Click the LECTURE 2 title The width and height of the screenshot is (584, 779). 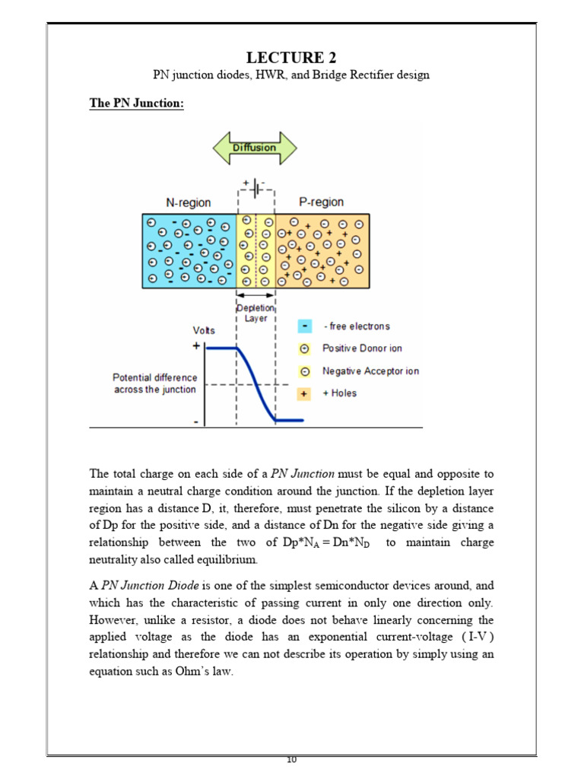tap(291, 58)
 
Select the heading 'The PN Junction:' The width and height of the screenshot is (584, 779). tap(137, 103)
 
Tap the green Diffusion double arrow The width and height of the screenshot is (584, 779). tap(254, 148)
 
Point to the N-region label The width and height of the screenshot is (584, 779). tap(188, 202)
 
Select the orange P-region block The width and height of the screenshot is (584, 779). tap(322, 250)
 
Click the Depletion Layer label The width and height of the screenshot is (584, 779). tap(255, 313)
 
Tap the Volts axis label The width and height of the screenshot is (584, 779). tap(205, 331)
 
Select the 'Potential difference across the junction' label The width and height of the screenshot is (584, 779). tap(154, 383)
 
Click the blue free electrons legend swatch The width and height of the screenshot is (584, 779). tap(305, 326)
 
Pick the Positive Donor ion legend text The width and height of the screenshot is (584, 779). tap(362, 348)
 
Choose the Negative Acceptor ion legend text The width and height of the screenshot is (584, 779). tap(370, 371)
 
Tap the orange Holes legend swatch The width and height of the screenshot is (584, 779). tap(305, 393)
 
